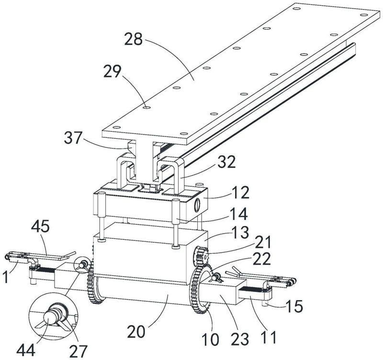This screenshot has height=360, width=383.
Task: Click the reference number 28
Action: point(134,39)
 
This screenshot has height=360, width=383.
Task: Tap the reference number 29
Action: point(113,71)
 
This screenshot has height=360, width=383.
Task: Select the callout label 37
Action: point(73,138)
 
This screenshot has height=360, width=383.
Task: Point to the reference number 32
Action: point(227,162)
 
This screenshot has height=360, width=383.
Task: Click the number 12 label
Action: point(241,192)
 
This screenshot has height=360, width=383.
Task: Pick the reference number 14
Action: point(239,214)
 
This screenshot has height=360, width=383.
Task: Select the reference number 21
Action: point(263,242)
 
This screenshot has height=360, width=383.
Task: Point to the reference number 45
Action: point(40,226)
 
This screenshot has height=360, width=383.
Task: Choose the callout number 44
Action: point(26,351)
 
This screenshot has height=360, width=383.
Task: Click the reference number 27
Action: point(79,352)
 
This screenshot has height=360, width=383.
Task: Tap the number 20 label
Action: point(136,332)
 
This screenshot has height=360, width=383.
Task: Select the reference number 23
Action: point(240,339)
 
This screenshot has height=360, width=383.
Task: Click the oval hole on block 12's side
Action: point(197,203)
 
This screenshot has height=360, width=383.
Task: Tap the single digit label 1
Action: point(6,277)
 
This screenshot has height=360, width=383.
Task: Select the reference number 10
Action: point(211,339)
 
